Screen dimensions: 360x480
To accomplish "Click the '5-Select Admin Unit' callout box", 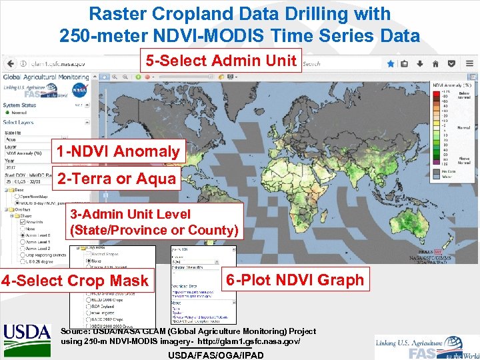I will pos(221,61).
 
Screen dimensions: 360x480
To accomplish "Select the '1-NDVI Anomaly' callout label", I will pos(118,151).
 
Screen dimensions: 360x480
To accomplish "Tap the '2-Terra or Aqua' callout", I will pos(117,179).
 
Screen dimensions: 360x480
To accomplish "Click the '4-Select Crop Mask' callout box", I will pos(75,281).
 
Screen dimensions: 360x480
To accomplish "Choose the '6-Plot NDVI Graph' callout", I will pos(295,280).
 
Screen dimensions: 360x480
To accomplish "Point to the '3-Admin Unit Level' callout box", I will pos(154,222).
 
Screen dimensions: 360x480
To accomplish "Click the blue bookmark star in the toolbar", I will pos(391,64).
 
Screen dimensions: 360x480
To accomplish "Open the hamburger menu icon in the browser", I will pos(472,64).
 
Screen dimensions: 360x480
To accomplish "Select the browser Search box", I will pos(340,64).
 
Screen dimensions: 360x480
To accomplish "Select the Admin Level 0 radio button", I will pos(22,235).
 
